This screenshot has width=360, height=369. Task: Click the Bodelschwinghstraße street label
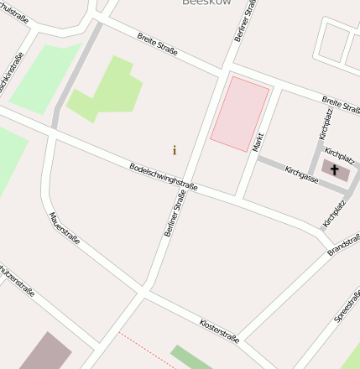[x=164, y=176]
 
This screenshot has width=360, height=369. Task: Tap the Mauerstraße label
[x=64, y=227]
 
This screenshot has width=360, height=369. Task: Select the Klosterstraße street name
[x=219, y=330]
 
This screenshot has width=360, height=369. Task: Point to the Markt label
[x=258, y=141]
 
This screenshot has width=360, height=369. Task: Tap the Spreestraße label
[x=347, y=307]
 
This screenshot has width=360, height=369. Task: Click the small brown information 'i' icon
[x=175, y=150]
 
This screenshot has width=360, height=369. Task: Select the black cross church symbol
[x=335, y=170]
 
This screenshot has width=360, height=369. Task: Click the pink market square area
[x=240, y=114]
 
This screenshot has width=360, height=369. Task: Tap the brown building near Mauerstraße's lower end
[x=46, y=353]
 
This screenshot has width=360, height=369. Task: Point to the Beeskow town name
[x=206, y=3]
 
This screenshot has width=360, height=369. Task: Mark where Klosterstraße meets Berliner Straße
[x=145, y=291]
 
